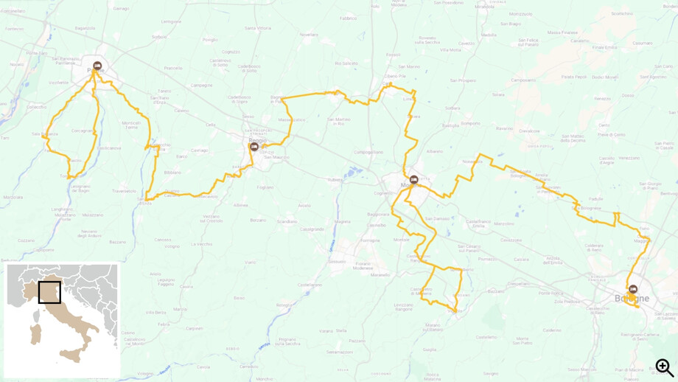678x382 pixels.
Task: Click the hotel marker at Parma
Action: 97,66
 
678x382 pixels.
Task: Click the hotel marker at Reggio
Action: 254,147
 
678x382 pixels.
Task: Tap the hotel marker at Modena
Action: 413,179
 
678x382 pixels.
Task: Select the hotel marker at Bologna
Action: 632,289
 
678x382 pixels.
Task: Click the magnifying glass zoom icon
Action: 664,367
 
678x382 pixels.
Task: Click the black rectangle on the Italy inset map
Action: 50,292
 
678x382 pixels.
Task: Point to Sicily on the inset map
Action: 71,356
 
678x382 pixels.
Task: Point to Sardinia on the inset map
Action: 35,333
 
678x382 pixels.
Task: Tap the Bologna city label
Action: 632,299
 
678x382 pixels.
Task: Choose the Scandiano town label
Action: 287,221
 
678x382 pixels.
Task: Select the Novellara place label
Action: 310,35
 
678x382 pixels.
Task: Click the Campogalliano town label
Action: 368,152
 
